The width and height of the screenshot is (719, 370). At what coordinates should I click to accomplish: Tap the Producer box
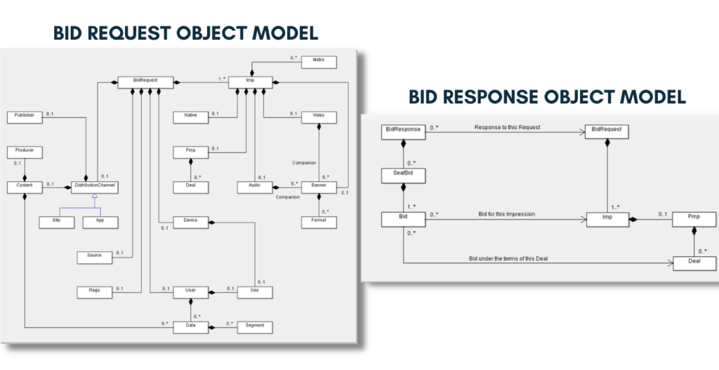(25, 151)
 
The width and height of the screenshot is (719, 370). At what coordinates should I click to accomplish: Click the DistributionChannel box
(93, 187)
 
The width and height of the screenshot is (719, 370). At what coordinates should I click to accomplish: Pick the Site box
(54, 222)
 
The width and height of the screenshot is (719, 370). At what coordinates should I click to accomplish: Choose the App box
(98, 222)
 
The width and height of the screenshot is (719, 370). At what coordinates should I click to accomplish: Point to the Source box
(94, 257)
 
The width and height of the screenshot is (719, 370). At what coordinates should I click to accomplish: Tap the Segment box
(253, 327)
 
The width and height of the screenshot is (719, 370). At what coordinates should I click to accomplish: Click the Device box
(190, 222)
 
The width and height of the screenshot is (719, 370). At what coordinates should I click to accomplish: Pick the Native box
(190, 116)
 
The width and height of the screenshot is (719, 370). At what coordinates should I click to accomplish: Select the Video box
(318, 116)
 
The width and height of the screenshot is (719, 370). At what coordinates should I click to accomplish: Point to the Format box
(318, 222)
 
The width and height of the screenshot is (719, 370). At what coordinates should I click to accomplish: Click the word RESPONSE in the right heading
(499, 97)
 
